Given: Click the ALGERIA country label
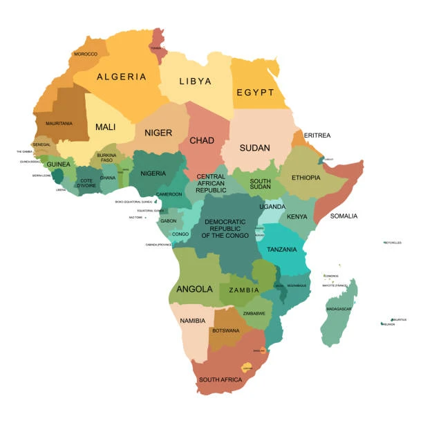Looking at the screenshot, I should pyautogui.click(x=121, y=77).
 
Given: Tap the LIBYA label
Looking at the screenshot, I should pyautogui.click(x=195, y=81).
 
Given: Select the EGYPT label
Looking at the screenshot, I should pyautogui.click(x=255, y=92).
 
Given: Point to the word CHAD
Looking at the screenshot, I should pyautogui.click(x=202, y=140).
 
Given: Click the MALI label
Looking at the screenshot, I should pyautogui.click(x=105, y=127).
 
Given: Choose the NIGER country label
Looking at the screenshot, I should pyautogui.click(x=158, y=133).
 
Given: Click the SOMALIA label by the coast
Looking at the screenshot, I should pyautogui.click(x=344, y=216).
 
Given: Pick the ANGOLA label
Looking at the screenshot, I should pyautogui.click(x=194, y=289).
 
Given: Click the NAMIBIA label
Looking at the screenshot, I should pyautogui.click(x=192, y=321).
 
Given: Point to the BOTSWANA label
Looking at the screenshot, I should pyautogui.click(x=226, y=330).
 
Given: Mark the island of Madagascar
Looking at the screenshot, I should pyautogui.click(x=339, y=314).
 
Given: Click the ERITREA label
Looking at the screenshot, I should pyautogui.click(x=317, y=135).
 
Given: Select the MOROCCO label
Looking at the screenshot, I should pyautogui.click(x=86, y=54).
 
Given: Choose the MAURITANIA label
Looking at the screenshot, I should pyautogui.click(x=59, y=123).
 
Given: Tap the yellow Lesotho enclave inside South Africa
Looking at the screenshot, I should pyautogui.click(x=246, y=367).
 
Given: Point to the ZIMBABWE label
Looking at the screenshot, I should pyautogui.click(x=254, y=313).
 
